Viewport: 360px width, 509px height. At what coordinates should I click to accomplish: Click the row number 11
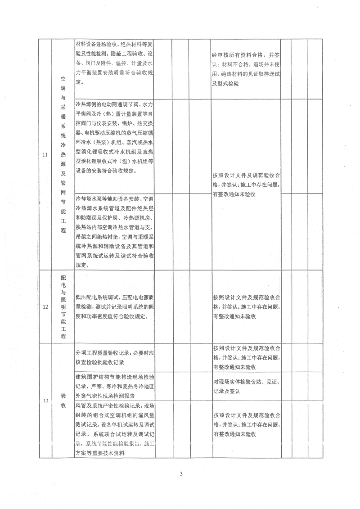click(45, 155)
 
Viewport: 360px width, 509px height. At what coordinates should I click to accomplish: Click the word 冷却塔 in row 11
click(85, 198)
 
